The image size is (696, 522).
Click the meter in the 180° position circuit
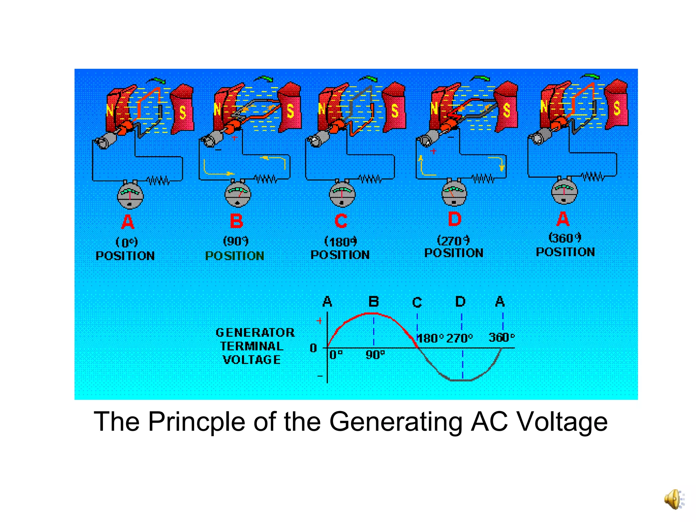tap(342, 194)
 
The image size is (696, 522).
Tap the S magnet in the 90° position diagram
tap(290, 107)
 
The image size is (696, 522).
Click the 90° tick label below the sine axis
tap(375, 355)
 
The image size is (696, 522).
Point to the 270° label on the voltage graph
tap(459, 338)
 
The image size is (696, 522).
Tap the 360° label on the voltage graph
tap(501, 337)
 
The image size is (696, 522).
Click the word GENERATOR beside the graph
tap(255, 332)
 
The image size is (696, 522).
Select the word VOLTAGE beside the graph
tap(252, 360)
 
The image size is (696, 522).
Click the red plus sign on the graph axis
tap(319, 321)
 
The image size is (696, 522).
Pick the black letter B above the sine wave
tap(373, 301)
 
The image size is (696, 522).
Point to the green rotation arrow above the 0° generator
tap(157, 80)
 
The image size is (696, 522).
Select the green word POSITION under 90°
tap(235, 256)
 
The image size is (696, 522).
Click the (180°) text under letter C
tap(341, 242)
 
